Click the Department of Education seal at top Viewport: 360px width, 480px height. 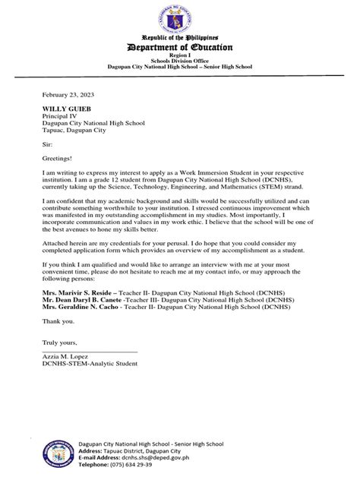[180, 17]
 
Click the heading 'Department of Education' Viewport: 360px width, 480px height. [180, 48]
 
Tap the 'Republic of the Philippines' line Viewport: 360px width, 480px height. [180, 37]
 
